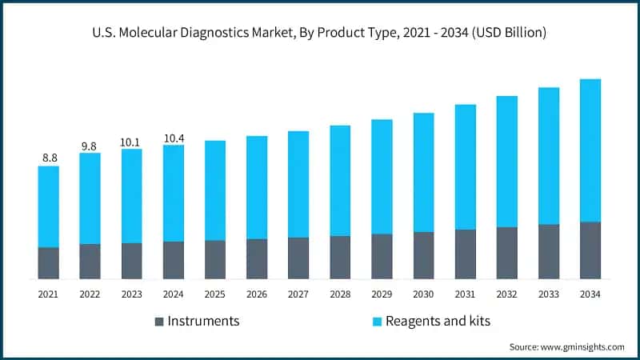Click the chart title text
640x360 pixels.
[320, 33]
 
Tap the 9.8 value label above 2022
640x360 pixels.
[90, 146]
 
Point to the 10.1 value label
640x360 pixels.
[131, 142]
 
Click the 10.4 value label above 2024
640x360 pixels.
[173, 138]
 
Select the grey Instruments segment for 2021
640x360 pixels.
[48, 262]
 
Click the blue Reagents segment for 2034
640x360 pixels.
[590, 150]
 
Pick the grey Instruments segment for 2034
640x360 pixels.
[590, 250]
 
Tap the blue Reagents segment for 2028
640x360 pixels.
[340, 180]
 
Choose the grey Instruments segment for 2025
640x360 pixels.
[215, 259]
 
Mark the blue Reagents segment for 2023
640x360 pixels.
[131, 196]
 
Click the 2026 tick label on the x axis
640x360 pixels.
[256, 294]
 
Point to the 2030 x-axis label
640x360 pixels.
[423, 294]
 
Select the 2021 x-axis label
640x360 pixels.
[48, 294]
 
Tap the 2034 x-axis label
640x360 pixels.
[590, 294]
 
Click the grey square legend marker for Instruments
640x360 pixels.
[158, 322]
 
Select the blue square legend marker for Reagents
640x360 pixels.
[377, 322]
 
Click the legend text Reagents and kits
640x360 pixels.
[438, 322]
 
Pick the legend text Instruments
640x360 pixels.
[203, 322]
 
